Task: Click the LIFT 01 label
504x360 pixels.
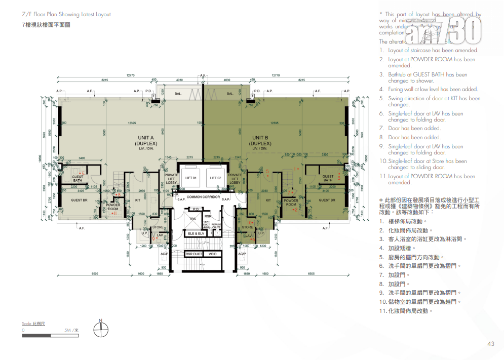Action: [191, 178]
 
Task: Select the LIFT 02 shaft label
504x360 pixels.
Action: [216, 178]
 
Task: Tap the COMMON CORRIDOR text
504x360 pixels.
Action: [203, 196]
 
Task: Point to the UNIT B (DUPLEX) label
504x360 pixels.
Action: [260, 141]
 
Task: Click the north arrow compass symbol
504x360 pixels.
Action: [101, 329]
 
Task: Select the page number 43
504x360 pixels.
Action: [490, 344]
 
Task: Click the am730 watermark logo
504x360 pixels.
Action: [445, 30]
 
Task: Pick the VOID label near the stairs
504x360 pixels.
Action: [213, 254]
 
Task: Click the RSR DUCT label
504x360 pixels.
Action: [193, 254]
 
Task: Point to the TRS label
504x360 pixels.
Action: [192, 219]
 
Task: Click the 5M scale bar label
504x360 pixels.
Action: [71, 330]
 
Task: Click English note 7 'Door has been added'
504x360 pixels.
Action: [414, 128]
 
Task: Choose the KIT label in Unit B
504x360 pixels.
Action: [268, 201]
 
